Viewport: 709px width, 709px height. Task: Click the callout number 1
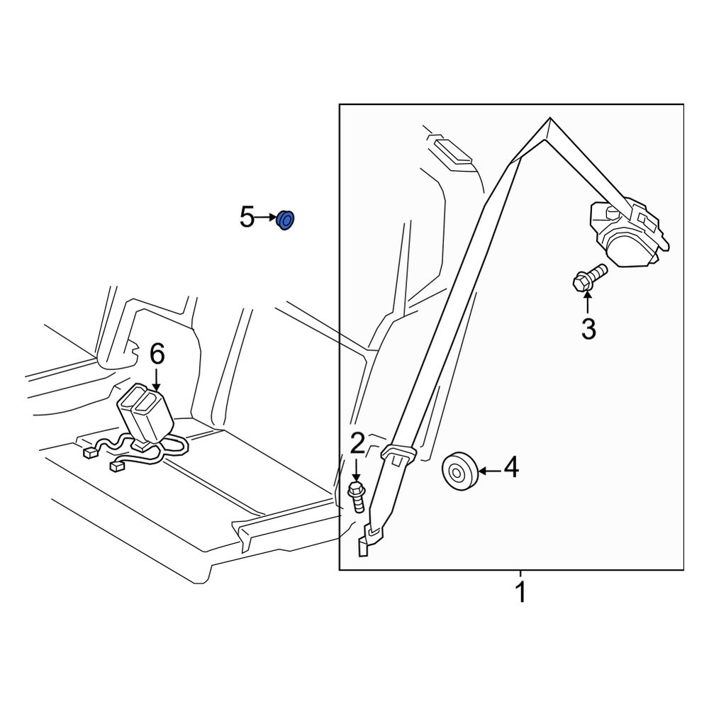click(x=520, y=591)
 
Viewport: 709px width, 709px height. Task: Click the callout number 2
click(x=357, y=443)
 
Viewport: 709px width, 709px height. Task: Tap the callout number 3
click(x=588, y=329)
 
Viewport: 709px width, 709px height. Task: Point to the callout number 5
click(x=247, y=217)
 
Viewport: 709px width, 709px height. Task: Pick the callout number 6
click(x=157, y=354)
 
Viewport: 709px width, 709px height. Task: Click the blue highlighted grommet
click(x=285, y=220)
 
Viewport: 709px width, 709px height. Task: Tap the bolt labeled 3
click(x=590, y=278)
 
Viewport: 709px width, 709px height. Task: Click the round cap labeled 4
click(x=459, y=471)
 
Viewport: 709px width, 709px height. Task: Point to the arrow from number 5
click(x=265, y=218)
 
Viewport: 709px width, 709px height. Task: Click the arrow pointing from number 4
click(x=490, y=471)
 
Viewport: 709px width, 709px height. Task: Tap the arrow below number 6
click(x=157, y=380)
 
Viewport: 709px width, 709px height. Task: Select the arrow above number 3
click(x=587, y=303)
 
